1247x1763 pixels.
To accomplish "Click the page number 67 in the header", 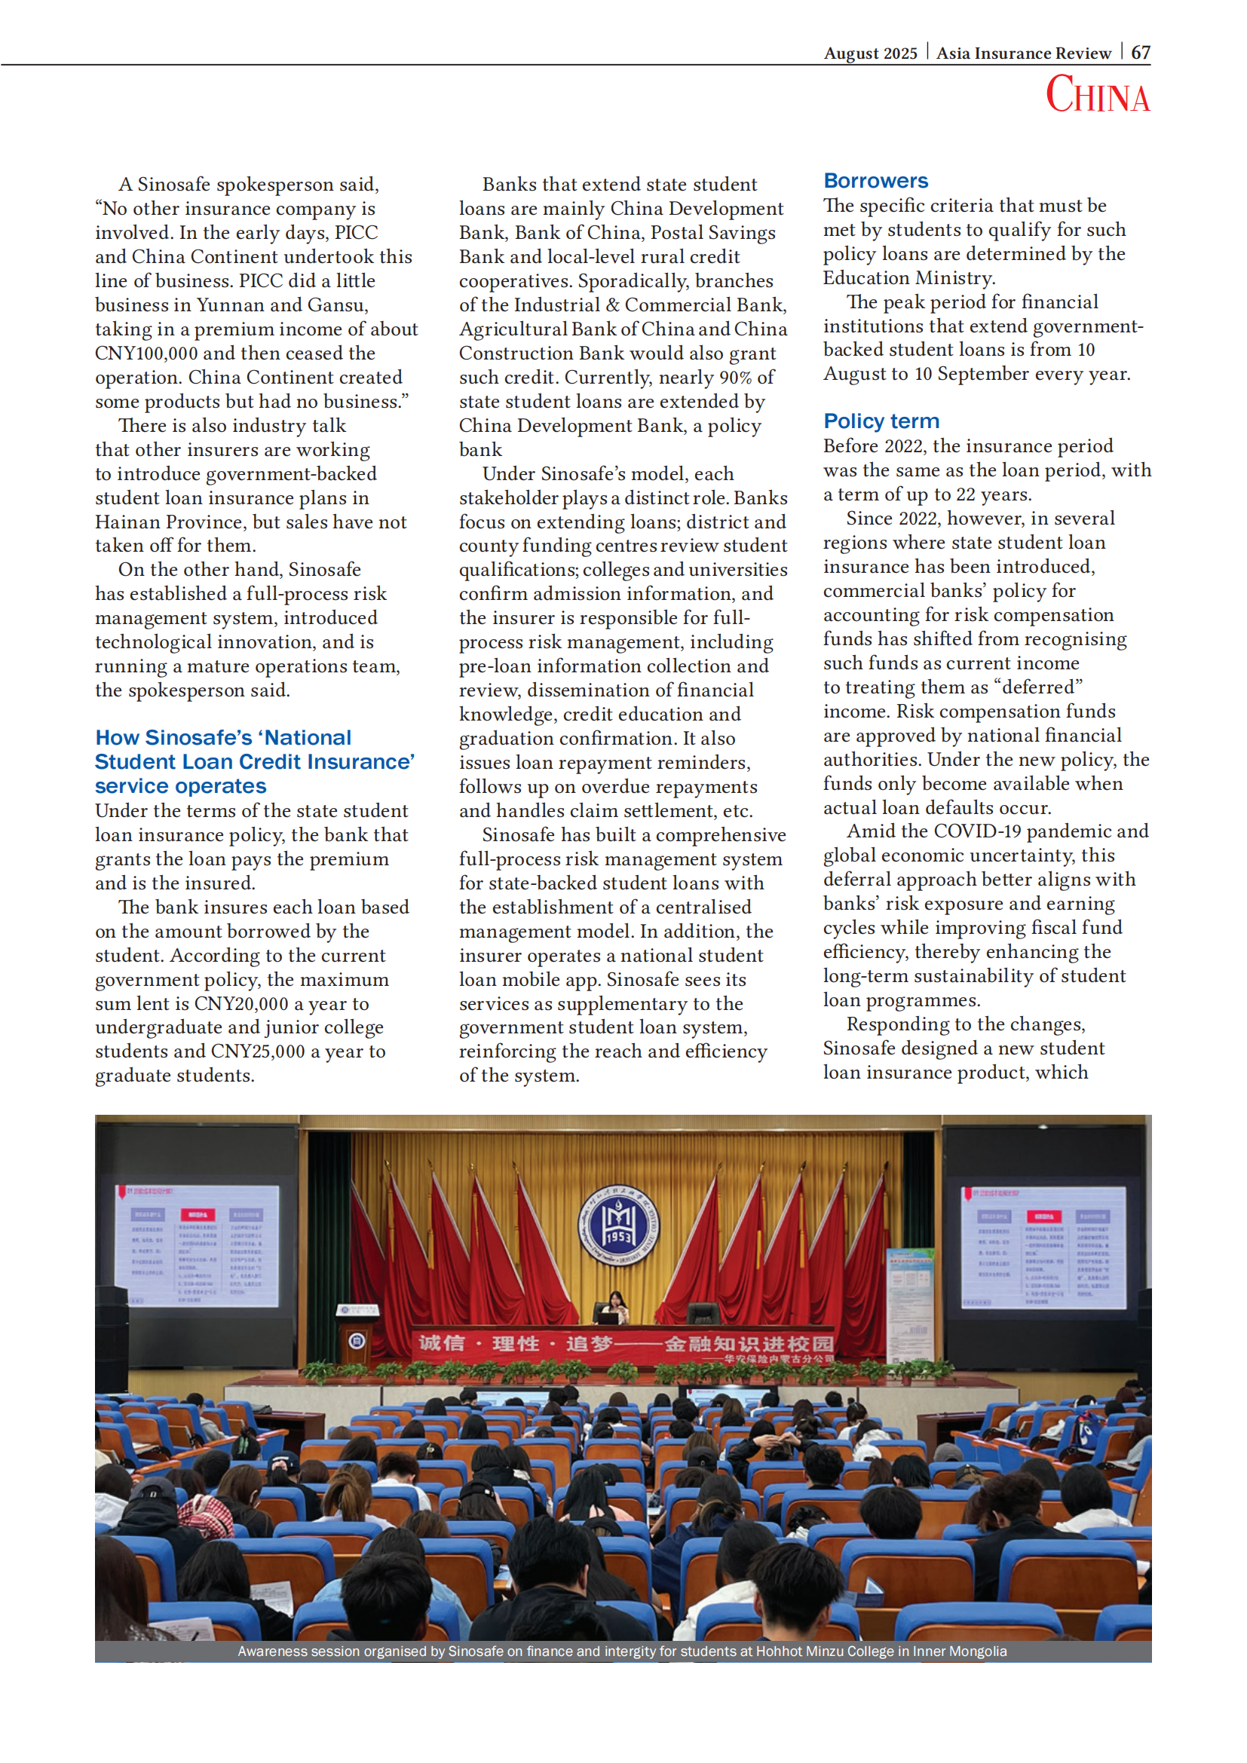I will pos(1140,53).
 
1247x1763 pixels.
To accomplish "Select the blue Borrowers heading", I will pos(875,181).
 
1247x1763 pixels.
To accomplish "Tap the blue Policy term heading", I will pos(881,421).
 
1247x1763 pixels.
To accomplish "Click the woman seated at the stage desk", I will pos(614,1305).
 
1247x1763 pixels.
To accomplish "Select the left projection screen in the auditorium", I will pos(198,1244).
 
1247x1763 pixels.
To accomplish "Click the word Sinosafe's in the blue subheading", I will pos(198,738).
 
